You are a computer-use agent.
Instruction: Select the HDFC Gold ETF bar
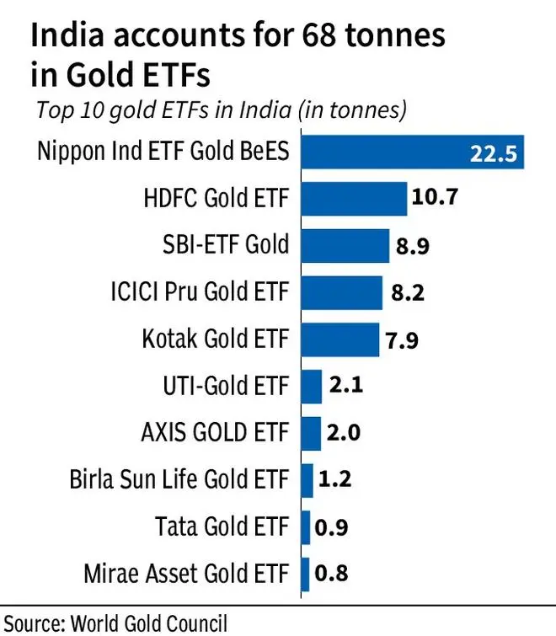point(354,199)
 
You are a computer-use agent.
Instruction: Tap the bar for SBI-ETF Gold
point(345,245)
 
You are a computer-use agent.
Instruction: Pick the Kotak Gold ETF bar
point(339,339)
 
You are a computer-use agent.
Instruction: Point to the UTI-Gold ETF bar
point(311,386)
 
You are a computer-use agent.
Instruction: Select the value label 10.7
point(435,199)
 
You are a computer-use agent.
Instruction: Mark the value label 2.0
point(344,433)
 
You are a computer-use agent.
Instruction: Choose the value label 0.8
point(332,574)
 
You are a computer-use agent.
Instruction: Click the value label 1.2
point(335,480)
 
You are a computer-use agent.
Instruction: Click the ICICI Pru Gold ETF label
point(211,292)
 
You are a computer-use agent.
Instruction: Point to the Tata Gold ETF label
point(222,527)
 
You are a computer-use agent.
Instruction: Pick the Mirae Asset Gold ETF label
point(186,574)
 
